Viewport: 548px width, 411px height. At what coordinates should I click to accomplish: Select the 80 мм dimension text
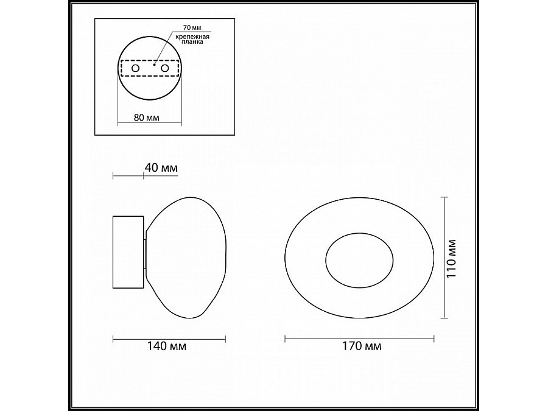pyautogui.click(x=142, y=118)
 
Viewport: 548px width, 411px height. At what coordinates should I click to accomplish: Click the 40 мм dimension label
pyautogui.click(x=160, y=167)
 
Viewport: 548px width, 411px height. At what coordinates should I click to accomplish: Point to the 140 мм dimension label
pyautogui.click(x=169, y=346)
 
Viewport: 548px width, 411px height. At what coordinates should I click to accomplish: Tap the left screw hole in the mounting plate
pyautogui.click(x=135, y=69)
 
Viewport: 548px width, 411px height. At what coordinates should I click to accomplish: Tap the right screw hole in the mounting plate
pyautogui.click(x=164, y=69)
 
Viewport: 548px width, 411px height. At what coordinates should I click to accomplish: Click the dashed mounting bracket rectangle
pyautogui.click(x=150, y=60)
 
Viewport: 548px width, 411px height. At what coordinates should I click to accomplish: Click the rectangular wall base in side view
pyautogui.click(x=128, y=251)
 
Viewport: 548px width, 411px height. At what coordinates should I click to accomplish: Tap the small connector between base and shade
pyautogui.click(x=144, y=255)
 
